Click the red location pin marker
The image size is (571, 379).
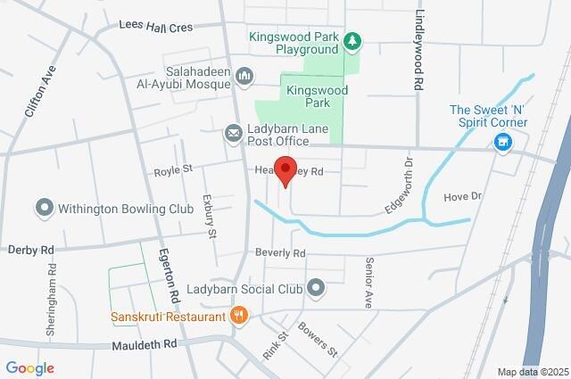click(285, 170)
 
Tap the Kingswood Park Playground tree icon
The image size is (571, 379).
click(353, 40)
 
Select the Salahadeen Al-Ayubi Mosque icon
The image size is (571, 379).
click(245, 77)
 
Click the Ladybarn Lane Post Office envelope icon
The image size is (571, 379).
click(233, 133)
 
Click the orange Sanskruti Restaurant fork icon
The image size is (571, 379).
click(237, 316)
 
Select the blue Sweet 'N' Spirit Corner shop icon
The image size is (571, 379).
click(502, 142)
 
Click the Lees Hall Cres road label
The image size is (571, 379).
click(156, 28)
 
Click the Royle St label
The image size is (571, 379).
click(173, 169)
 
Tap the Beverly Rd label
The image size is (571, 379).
click(280, 252)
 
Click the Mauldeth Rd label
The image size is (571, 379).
click(145, 343)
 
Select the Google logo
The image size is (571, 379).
click(29, 368)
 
